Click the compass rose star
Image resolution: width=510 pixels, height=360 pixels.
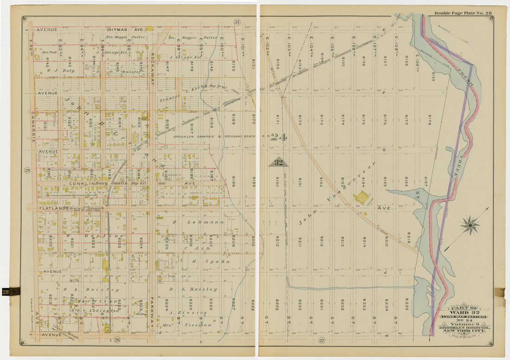click(x=470, y=225)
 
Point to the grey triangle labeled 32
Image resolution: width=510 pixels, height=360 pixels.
click(x=278, y=162)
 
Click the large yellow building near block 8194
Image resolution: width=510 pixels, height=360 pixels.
click(x=362, y=198)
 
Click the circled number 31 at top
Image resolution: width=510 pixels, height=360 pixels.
click(x=236, y=22)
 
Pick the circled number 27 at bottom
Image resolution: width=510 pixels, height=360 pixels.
click(x=321, y=341)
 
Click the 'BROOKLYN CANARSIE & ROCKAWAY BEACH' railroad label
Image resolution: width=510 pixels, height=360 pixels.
click(x=218, y=136)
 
